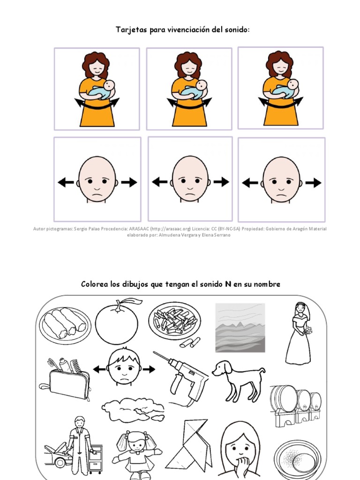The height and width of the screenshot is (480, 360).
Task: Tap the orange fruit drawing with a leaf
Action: coord(117,321)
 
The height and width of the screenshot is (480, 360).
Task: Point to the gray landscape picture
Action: coord(240,328)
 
